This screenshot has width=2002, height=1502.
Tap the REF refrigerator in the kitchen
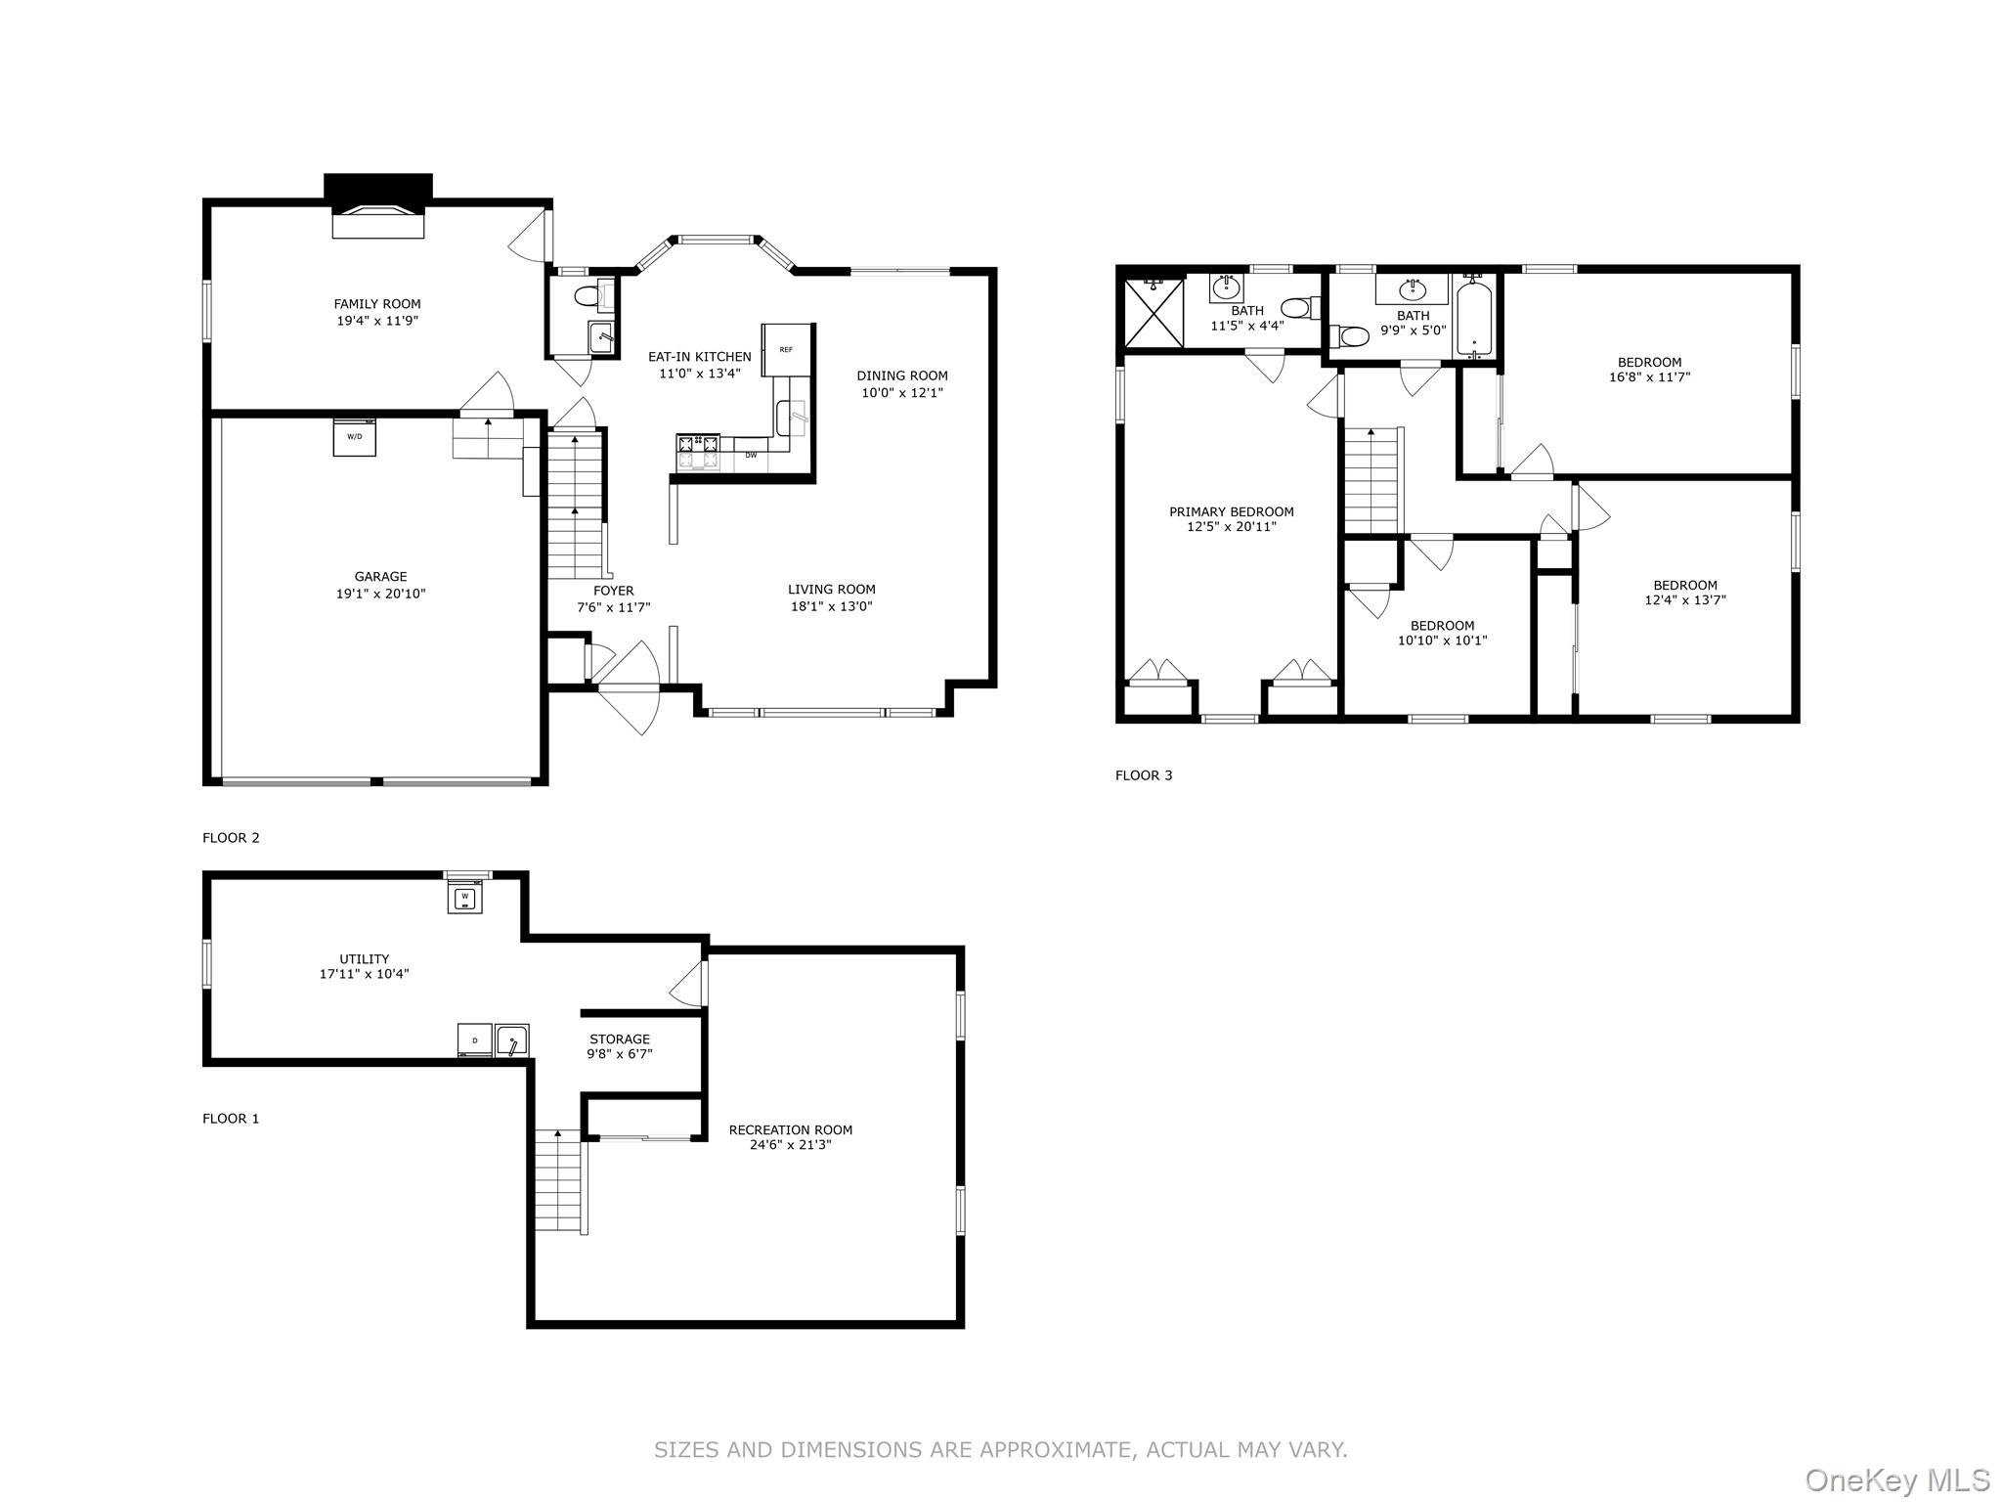point(788,349)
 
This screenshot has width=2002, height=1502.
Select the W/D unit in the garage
point(354,436)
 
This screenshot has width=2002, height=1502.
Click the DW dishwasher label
point(751,455)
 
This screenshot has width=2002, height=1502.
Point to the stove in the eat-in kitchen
point(698,452)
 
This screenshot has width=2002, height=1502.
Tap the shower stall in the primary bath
point(1154,312)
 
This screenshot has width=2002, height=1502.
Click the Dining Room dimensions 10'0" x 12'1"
point(902,393)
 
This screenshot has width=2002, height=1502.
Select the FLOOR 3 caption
point(1144,775)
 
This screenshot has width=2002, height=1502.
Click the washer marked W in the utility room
point(465,896)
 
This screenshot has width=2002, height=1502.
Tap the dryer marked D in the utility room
point(475,1040)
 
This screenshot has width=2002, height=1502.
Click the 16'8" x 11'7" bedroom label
point(1650,370)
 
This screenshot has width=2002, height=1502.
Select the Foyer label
point(614,591)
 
